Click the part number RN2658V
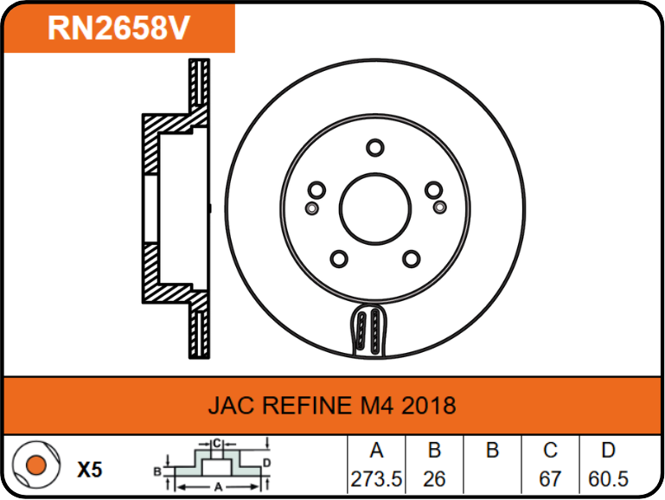(x=118, y=28)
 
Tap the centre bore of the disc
(x=375, y=208)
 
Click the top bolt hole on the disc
(x=375, y=148)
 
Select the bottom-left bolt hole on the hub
(x=339, y=259)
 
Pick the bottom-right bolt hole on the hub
(x=412, y=259)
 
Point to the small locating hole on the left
(x=311, y=208)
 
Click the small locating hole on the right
(x=440, y=208)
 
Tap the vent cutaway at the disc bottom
(x=369, y=330)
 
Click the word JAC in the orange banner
(x=232, y=406)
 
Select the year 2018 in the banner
(x=428, y=406)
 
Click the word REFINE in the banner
(x=307, y=406)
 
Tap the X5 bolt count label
(x=90, y=470)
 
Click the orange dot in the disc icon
(x=36, y=465)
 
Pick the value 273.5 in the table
(x=376, y=479)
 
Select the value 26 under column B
(x=434, y=479)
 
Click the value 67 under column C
(x=550, y=479)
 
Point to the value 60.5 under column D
(x=608, y=479)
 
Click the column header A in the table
(x=377, y=451)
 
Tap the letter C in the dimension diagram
(x=217, y=444)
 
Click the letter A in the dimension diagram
(x=218, y=487)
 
